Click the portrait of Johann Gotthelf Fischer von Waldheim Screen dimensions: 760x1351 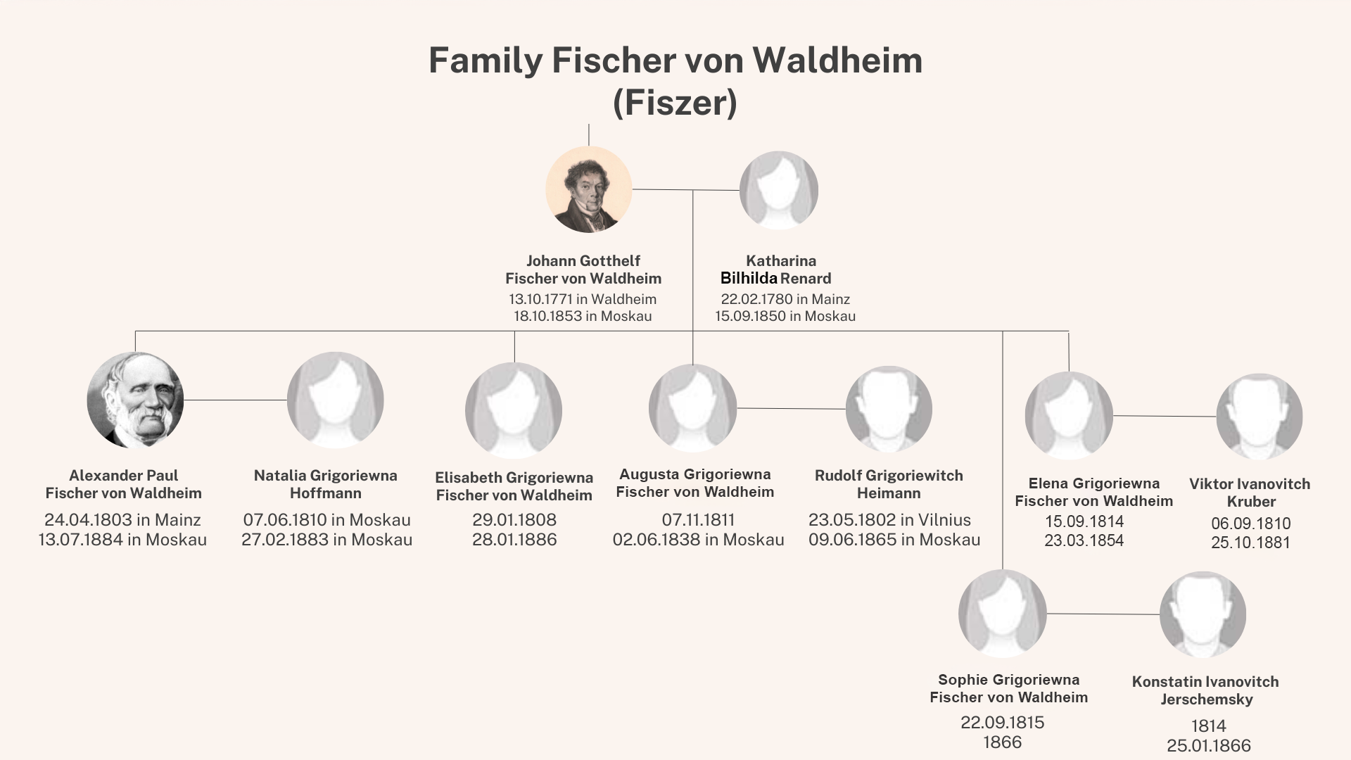(x=588, y=189)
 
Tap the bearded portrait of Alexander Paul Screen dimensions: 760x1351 (x=135, y=400)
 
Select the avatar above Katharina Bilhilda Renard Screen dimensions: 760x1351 (x=778, y=190)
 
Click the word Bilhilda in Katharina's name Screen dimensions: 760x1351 (x=749, y=278)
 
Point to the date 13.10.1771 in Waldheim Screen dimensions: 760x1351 (x=582, y=299)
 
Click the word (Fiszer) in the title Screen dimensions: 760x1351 (x=675, y=103)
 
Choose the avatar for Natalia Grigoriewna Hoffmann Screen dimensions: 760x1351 (x=335, y=400)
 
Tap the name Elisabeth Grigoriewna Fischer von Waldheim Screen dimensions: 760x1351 (x=514, y=486)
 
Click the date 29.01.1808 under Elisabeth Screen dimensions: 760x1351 (x=514, y=520)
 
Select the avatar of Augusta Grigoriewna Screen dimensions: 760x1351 (x=692, y=408)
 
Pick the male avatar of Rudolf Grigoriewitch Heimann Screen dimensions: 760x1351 (x=889, y=409)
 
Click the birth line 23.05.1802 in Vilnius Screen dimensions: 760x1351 (x=889, y=520)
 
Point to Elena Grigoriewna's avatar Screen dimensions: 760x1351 (x=1068, y=416)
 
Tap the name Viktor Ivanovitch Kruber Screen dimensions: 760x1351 (x=1250, y=493)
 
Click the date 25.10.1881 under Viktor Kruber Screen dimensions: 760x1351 (x=1250, y=543)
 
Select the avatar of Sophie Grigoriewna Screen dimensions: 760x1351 (x=1002, y=614)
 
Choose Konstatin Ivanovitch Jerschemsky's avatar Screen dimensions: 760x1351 (x=1203, y=614)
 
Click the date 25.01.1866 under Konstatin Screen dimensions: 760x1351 (x=1208, y=746)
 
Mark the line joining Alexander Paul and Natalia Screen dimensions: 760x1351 (x=235, y=400)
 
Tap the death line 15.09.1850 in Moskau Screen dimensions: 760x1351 (x=785, y=316)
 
